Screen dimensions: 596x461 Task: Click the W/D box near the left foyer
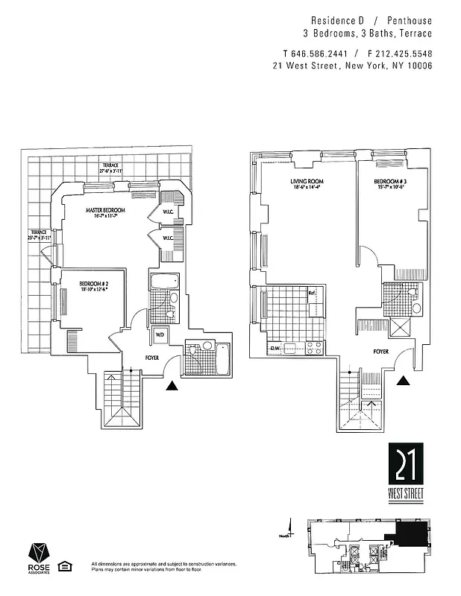(160, 335)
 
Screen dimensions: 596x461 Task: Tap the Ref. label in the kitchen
(313, 293)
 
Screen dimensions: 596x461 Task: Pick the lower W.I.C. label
(168, 238)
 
